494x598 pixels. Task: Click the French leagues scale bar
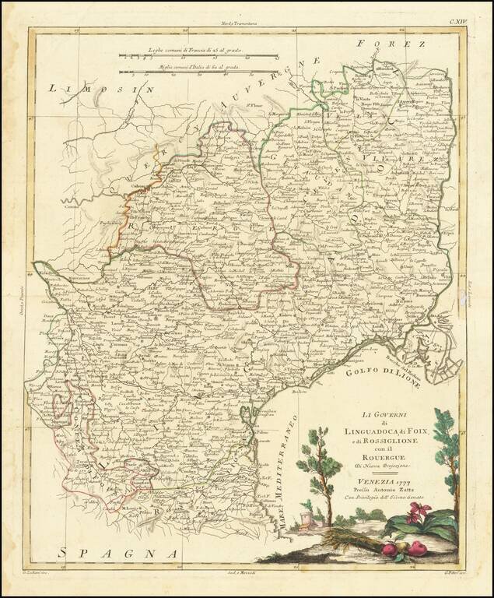[201, 56]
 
